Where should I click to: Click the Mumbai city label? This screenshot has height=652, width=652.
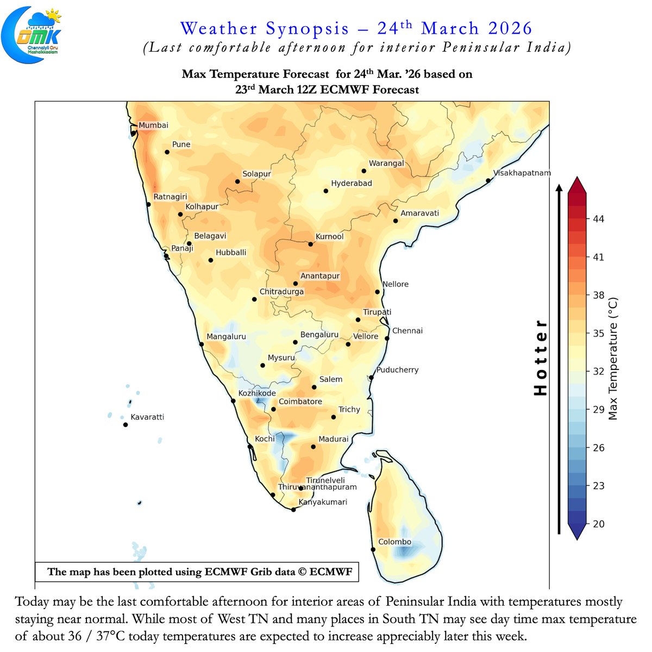click(x=153, y=126)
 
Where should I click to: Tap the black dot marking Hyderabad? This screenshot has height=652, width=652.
click(x=326, y=191)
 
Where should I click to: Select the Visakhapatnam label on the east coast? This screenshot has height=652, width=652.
click(x=522, y=173)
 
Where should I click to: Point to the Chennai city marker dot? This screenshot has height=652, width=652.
click(x=387, y=338)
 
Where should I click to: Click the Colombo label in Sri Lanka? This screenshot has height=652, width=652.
click(x=394, y=542)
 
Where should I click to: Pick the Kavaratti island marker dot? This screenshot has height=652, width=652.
click(x=126, y=425)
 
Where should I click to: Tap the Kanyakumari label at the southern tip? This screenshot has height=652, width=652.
click(x=323, y=502)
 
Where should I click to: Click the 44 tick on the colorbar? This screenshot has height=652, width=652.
click(x=598, y=219)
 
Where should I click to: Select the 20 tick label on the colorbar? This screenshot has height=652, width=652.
click(x=598, y=524)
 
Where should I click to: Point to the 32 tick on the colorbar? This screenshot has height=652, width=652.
click(x=598, y=372)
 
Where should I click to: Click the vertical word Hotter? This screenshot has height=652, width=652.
click(x=541, y=357)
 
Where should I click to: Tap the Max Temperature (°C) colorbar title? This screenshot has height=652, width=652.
click(x=613, y=359)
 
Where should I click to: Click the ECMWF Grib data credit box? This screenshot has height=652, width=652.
click(x=197, y=572)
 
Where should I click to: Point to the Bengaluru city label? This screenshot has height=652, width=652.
click(x=319, y=335)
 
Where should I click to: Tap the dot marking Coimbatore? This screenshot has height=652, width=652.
click(x=274, y=410)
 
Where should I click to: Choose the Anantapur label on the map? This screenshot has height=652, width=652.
click(x=320, y=276)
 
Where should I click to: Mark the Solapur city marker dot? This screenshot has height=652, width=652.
click(x=237, y=181)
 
